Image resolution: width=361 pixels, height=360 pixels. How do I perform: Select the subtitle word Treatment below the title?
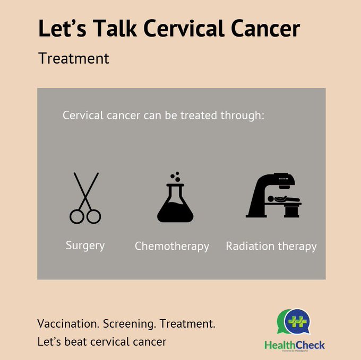tap(74, 58)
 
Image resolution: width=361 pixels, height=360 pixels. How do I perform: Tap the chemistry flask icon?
tap(175, 201)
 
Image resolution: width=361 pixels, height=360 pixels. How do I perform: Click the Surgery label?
tap(85, 245)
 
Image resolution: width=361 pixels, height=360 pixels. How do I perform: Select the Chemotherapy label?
tap(171, 247)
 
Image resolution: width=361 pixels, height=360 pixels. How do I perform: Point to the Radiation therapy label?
tap(271, 247)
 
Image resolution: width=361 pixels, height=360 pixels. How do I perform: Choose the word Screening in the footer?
tap(131, 324)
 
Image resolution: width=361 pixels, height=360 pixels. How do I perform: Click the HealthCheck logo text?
tap(294, 345)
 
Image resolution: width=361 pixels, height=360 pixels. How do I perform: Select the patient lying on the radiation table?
tap(279, 199)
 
